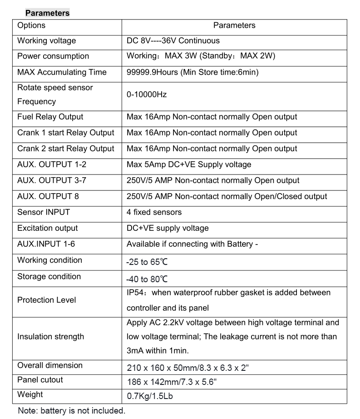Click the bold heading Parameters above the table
pos(47,13)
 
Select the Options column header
pos(31,25)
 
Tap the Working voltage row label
pos(46,41)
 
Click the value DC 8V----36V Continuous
pos(173,41)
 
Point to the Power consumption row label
pos(53,56)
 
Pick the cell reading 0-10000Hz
pos(147,95)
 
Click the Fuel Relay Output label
pos(50,117)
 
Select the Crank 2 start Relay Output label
pos(66,149)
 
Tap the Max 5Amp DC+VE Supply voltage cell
pos(189,165)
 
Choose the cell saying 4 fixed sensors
pos(154,212)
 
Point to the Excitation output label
pos(47,228)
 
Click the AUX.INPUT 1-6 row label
pos(46,244)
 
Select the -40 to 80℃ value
pos(148,279)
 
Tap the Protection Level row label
pos(46,300)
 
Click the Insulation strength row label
pos(50,337)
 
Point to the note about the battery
pos(71,411)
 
